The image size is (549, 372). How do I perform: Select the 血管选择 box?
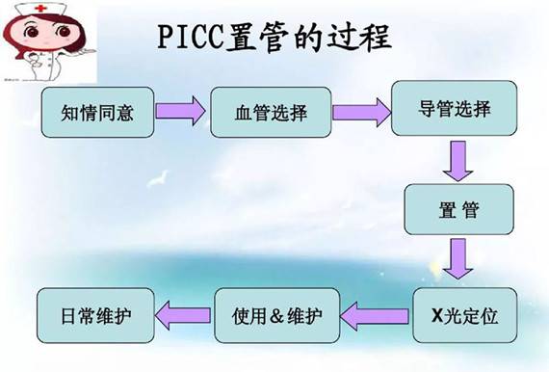(x=271, y=113)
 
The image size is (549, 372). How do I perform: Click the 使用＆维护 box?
(x=274, y=312)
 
